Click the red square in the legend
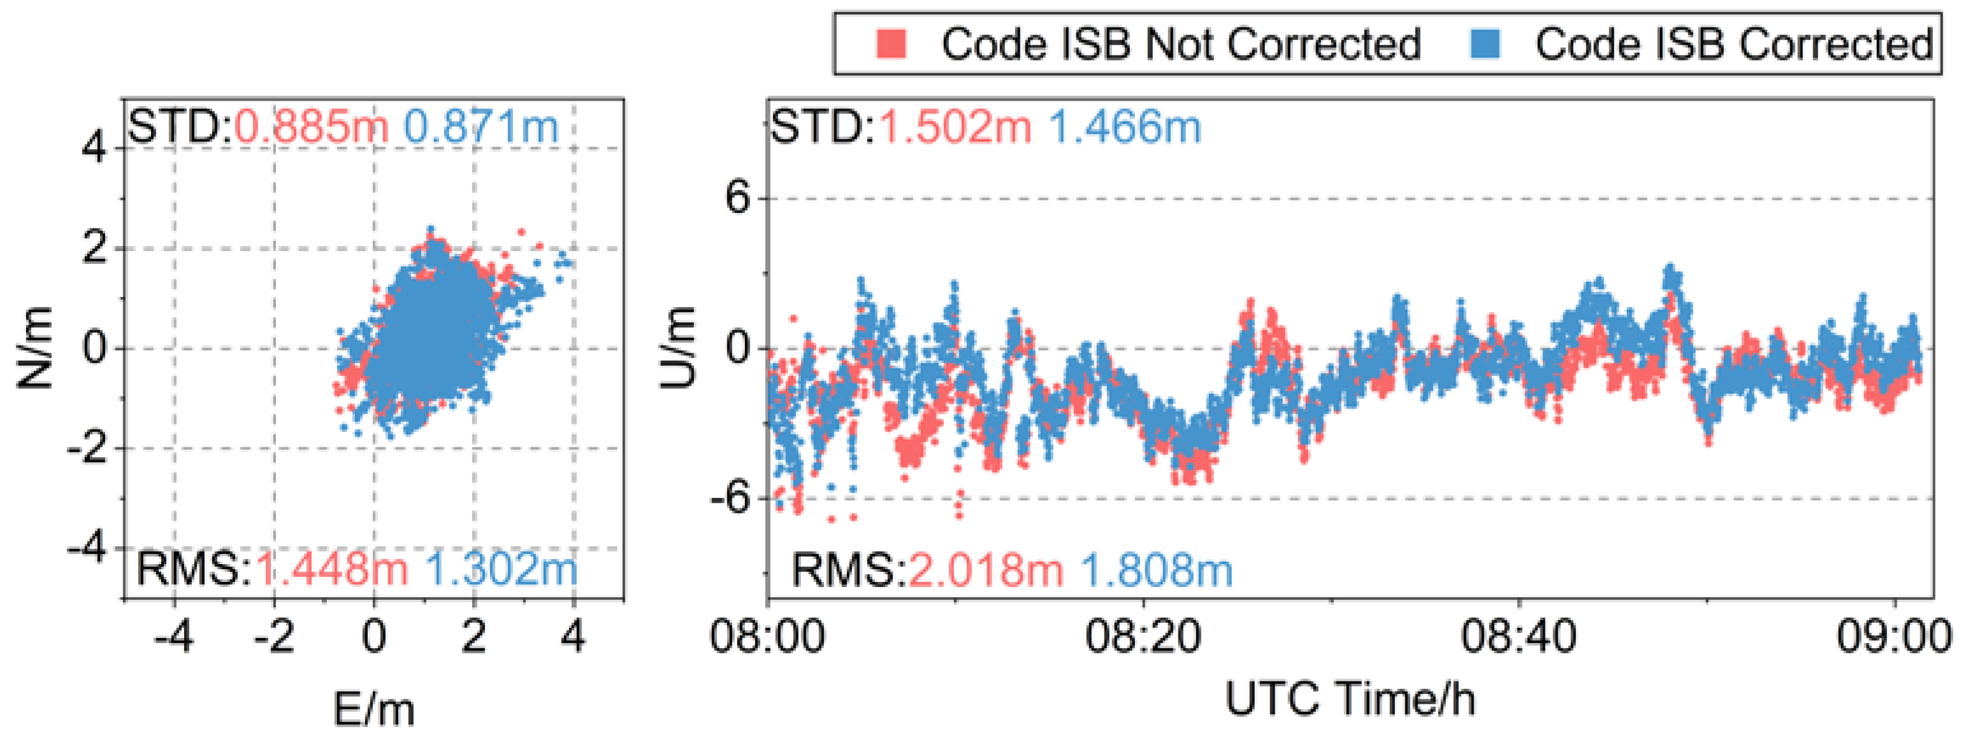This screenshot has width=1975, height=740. (891, 44)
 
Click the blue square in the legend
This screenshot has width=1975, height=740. (1486, 44)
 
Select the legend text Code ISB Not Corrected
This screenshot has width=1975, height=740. (1181, 44)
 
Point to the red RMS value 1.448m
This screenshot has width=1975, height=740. (331, 570)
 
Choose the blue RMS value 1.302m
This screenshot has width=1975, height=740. (501, 570)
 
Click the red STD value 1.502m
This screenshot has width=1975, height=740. (955, 127)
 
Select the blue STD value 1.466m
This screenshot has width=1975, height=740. (1125, 127)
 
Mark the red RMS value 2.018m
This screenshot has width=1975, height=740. (986, 570)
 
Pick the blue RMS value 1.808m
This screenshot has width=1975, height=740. (1156, 570)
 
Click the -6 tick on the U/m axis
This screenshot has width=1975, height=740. (729, 499)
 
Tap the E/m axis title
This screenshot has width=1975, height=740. (373, 709)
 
